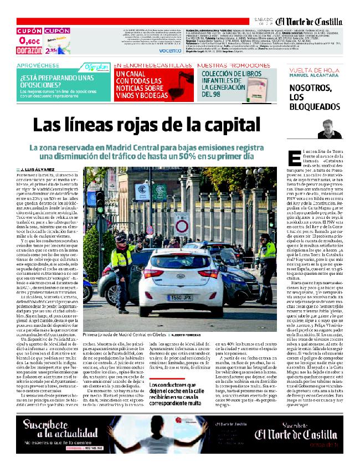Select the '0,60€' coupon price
(29, 40)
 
